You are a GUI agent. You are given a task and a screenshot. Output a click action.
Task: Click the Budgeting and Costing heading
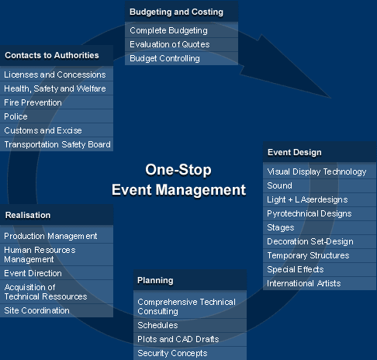click(x=176, y=12)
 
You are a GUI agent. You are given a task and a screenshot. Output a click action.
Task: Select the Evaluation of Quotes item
click(x=170, y=44)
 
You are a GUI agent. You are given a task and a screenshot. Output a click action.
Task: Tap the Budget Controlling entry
click(x=164, y=58)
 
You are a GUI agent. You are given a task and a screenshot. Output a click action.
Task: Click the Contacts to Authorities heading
click(x=52, y=55)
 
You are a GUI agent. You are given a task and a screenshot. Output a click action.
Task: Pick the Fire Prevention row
click(x=33, y=102)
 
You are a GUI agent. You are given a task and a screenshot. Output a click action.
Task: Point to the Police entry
click(x=16, y=116)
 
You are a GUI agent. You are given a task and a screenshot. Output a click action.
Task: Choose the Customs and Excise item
click(x=43, y=130)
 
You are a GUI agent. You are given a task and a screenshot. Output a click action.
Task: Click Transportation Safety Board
click(x=57, y=144)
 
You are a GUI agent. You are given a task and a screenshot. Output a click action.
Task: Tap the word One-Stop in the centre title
click(x=178, y=170)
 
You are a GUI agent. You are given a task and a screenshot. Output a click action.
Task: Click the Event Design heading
click(x=295, y=152)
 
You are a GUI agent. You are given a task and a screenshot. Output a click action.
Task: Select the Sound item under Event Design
click(x=279, y=185)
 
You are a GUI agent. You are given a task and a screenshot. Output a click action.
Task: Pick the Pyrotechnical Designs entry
click(x=310, y=213)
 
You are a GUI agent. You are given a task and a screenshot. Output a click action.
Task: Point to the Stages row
click(x=281, y=227)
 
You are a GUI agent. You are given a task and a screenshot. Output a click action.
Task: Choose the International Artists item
click(x=304, y=283)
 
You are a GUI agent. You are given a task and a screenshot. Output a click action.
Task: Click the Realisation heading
click(x=28, y=215)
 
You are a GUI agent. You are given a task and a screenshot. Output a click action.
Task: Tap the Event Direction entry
click(x=33, y=273)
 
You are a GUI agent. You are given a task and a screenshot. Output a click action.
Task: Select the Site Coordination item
click(x=36, y=310)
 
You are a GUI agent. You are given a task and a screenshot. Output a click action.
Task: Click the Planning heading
click(x=155, y=281)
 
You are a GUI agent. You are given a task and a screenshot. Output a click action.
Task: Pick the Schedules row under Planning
click(x=157, y=325)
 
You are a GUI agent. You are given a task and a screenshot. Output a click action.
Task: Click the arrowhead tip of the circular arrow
click(x=331, y=99)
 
